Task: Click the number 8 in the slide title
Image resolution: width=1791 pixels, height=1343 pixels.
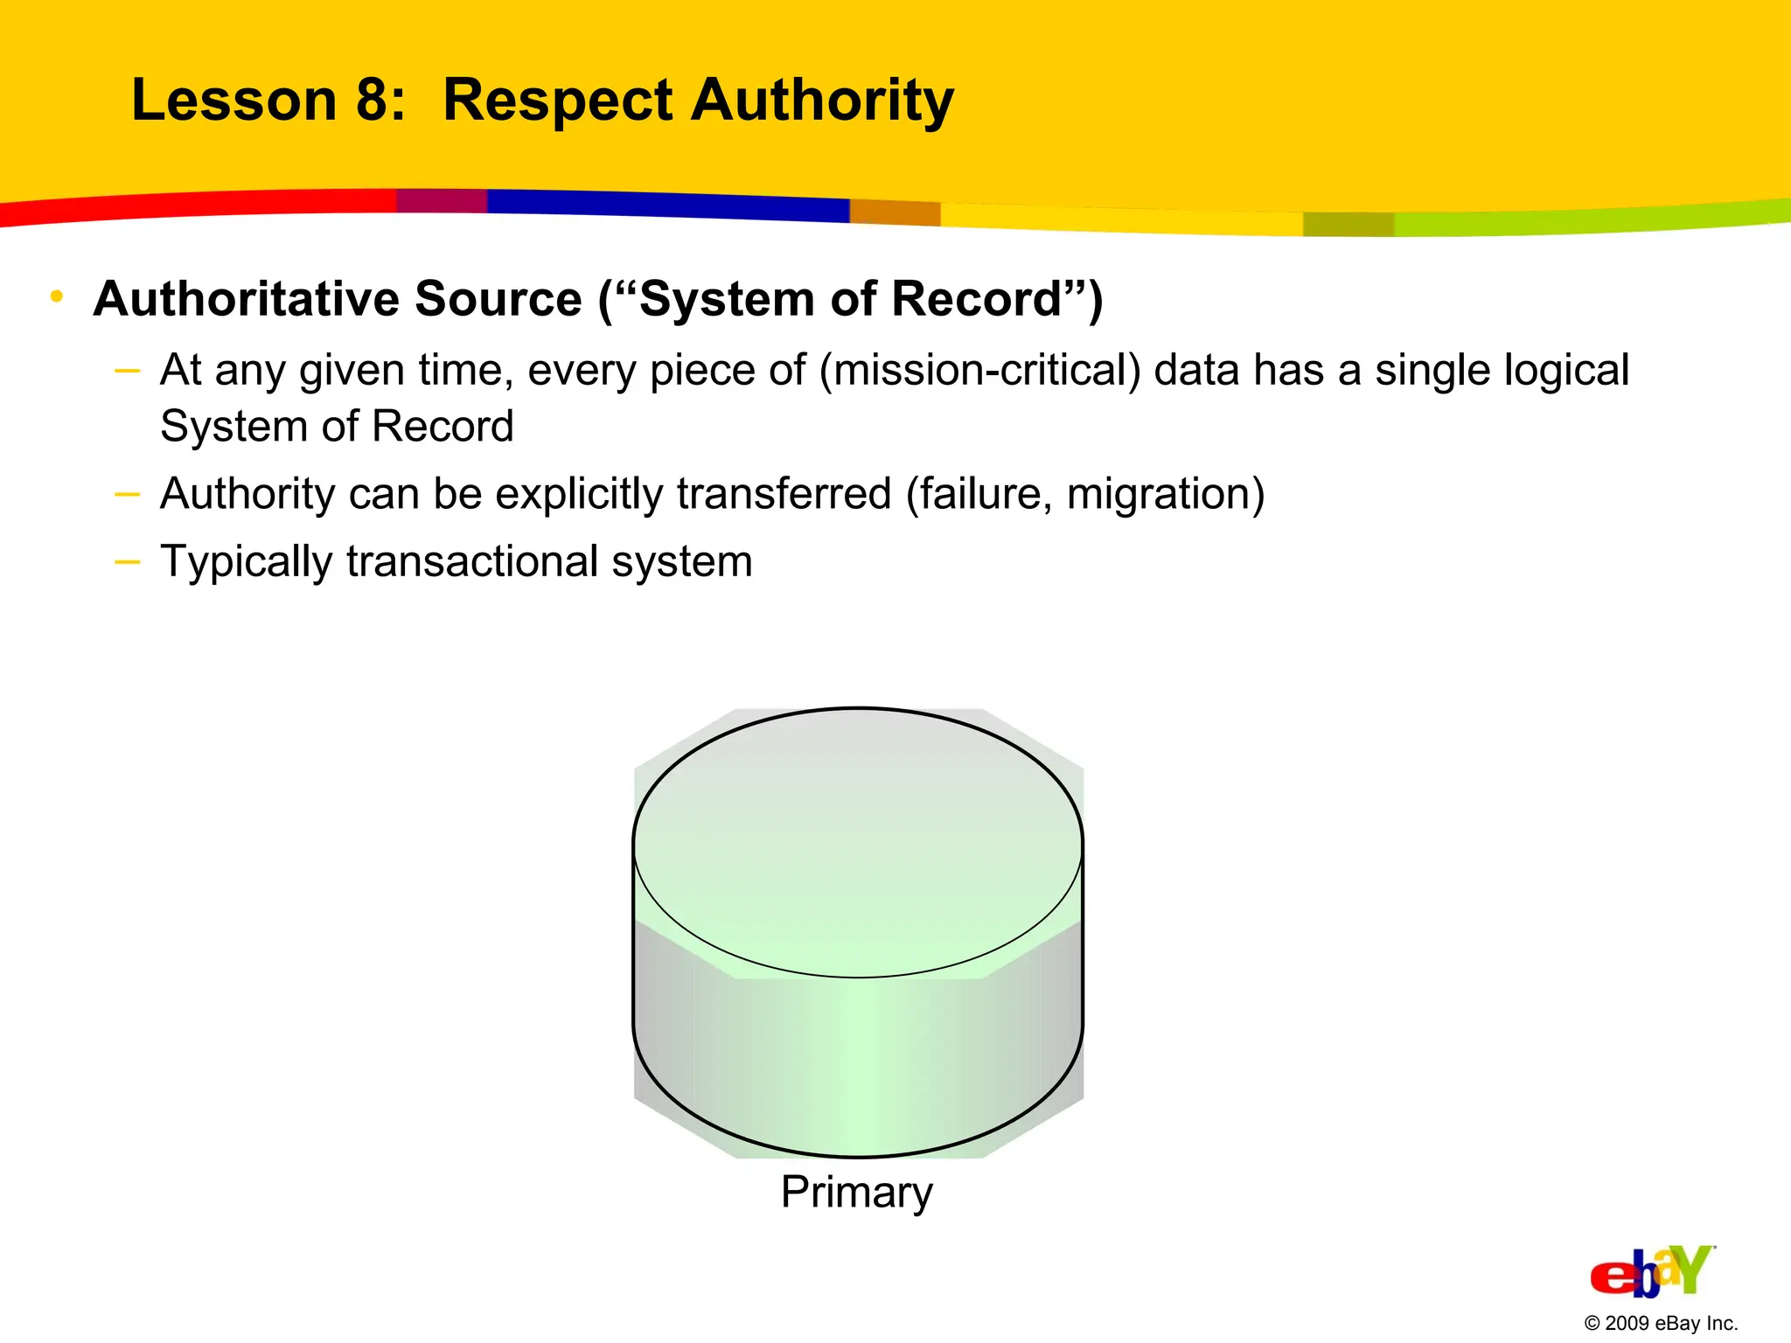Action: point(373,100)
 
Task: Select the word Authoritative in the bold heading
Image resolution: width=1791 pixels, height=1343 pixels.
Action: point(249,299)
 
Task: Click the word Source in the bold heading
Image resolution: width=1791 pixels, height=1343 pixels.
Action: point(498,299)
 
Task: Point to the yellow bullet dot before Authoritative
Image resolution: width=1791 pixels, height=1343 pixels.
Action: point(57,297)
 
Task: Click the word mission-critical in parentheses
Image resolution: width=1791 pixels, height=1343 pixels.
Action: point(979,371)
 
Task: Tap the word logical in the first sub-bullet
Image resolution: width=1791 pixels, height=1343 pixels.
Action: point(1565,371)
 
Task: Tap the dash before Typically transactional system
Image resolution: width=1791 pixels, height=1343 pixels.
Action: point(127,560)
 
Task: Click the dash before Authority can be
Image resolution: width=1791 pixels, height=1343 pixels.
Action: point(127,494)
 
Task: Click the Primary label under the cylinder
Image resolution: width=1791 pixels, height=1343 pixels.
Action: point(856,1193)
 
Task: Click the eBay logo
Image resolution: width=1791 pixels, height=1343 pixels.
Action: point(1651,1272)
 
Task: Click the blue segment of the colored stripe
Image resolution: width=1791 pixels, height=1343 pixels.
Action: point(665,205)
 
